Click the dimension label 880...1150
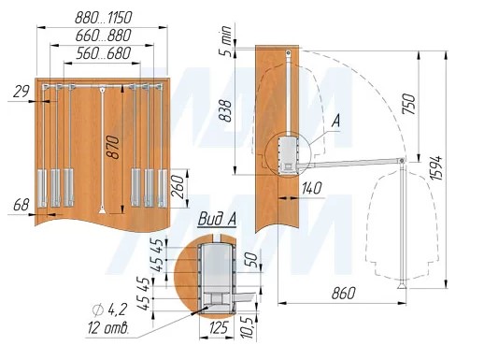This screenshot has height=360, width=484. point(104,18)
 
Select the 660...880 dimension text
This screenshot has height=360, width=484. point(104,36)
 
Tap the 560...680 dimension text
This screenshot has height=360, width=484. point(104,53)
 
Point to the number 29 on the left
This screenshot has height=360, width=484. point(21,92)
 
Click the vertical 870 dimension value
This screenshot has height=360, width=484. point(113,148)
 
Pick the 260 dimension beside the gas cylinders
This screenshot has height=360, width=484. point(178,187)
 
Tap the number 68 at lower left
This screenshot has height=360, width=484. point(21,205)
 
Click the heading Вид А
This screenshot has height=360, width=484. point(217,219)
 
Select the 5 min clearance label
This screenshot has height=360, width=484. point(226,41)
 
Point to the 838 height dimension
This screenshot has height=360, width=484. point(225,111)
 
